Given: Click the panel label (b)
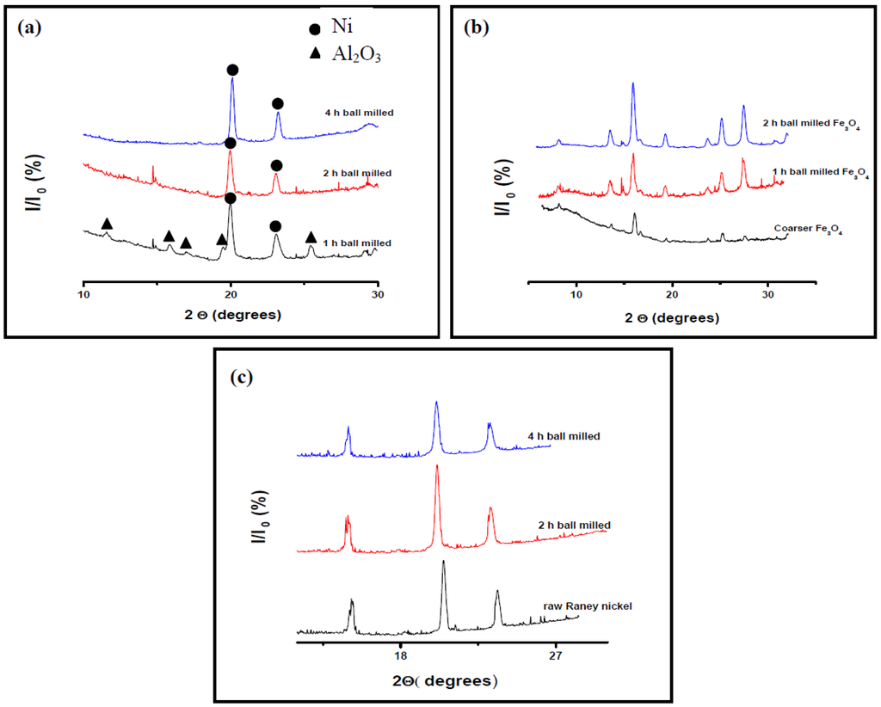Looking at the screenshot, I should (476, 28).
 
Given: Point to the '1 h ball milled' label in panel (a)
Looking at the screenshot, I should (357, 243).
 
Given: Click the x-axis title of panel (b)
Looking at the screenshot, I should (673, 318).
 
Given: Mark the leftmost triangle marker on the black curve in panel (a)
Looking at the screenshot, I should (107, 224).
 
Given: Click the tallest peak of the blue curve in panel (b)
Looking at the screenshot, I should (633, 84).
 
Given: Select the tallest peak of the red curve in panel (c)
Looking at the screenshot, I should (437, 467).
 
